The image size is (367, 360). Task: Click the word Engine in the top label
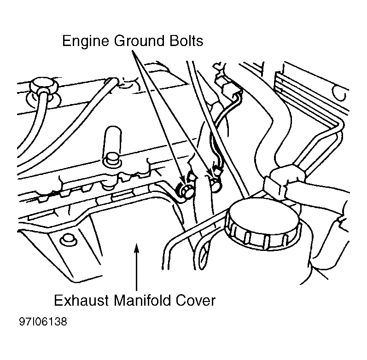pos(86,41)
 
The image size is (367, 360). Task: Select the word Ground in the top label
pos(139,41)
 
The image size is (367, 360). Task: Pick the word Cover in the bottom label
pos(196,300)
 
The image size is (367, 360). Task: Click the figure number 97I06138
pos(43,322)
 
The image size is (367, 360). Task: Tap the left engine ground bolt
pos(186,190)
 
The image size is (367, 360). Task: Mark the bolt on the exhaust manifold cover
pos(68,240)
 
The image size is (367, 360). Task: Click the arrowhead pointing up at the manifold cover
pos(136,248)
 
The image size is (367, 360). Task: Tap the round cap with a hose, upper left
pos(44,86)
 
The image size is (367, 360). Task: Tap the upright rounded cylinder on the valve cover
pos(112,140)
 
